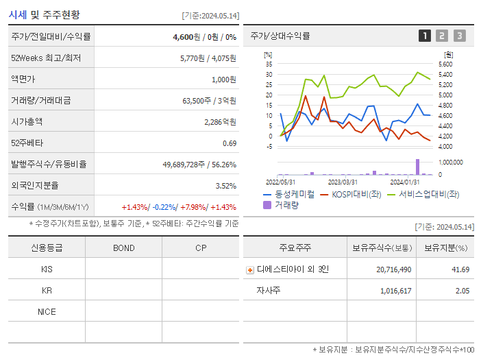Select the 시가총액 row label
27,121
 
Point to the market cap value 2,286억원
220,121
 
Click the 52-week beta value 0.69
230,143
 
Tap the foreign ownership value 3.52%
225,185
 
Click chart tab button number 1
425,36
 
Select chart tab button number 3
459,36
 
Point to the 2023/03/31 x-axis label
343,182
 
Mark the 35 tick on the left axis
269,64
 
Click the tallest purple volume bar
417,167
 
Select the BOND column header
123,248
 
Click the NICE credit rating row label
47,311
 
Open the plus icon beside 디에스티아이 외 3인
250,269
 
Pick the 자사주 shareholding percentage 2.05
462,291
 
